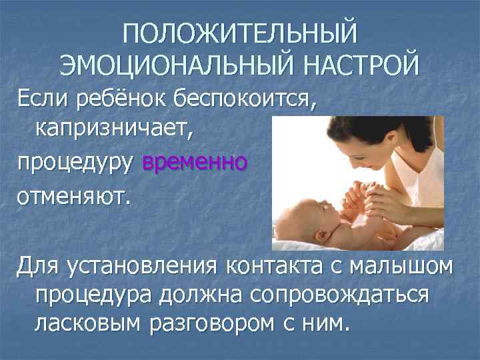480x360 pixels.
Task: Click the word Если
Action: (x=40, y=100)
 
